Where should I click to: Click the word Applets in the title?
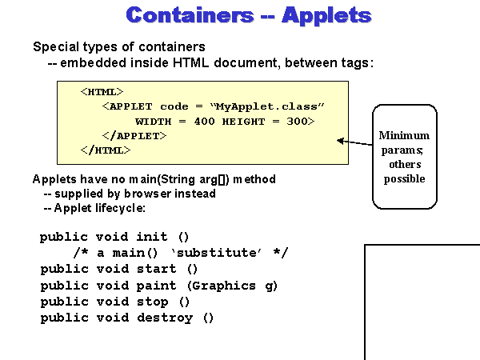point(324,16)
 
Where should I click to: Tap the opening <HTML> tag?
point(102,92)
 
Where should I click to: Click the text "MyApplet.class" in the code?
point(276,106)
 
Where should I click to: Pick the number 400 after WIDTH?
point(206,121)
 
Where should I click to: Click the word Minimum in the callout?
point(404,135)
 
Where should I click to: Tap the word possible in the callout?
point(404,178)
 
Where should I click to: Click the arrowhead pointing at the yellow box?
point(341,142)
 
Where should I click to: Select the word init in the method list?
point(152,237)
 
